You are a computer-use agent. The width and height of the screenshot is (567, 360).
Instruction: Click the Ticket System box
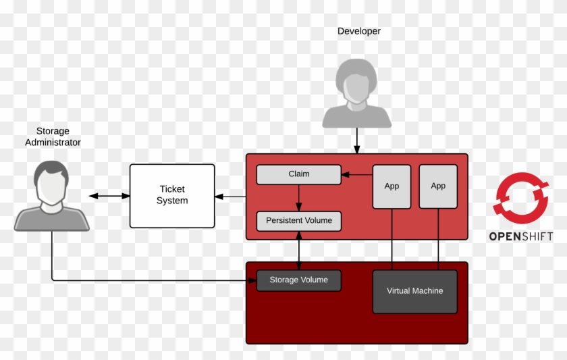(x=172, y=195)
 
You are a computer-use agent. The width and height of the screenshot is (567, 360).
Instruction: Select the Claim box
(x=298, y=174)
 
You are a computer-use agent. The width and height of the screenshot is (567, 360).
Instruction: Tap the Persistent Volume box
(x=298, y=221)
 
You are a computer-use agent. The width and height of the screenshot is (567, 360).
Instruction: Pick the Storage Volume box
(x=298, y=280)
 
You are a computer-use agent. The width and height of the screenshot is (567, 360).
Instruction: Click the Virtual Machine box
(x=414, y=291)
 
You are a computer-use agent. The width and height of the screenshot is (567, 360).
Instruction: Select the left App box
(x=391, y=186)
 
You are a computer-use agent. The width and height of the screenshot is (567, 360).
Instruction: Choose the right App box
(x=438, y=186)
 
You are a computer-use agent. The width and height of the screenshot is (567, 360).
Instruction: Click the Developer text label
(x=358, y=31)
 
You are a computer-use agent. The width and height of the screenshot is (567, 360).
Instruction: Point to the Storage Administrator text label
(x=53, y=136)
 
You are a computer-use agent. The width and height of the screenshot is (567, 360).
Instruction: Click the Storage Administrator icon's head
(x=52, y=181)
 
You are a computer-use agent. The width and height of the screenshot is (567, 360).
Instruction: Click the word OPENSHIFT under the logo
(x=520, y=236)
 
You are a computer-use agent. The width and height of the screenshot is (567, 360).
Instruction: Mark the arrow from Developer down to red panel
(x=356, y=140)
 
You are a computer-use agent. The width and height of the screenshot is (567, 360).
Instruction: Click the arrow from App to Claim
(x=356, y=175)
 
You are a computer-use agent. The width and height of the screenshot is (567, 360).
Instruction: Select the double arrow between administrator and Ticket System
(x=109, y=196)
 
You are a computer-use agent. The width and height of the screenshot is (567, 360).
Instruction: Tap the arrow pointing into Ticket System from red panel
(x=230, y=197)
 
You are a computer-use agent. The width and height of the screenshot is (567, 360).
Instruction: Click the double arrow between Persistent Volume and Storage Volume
(x=298, y=250)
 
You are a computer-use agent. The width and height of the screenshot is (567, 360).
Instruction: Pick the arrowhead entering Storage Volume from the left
(x=251, y=280)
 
